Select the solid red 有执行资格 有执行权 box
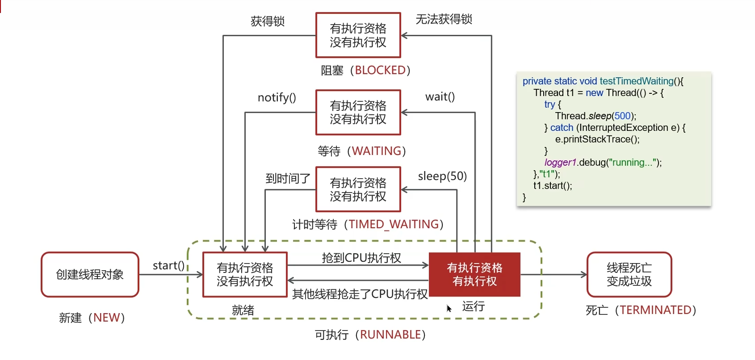474,274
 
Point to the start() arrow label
168,266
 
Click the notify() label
277,97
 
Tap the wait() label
440,97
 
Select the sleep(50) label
442,176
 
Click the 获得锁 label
268,21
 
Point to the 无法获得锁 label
444,19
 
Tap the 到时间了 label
288,178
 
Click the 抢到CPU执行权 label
361,258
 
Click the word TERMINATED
655,310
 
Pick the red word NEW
106,318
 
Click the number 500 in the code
622,116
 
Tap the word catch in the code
562,127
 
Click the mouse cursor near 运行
449,308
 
